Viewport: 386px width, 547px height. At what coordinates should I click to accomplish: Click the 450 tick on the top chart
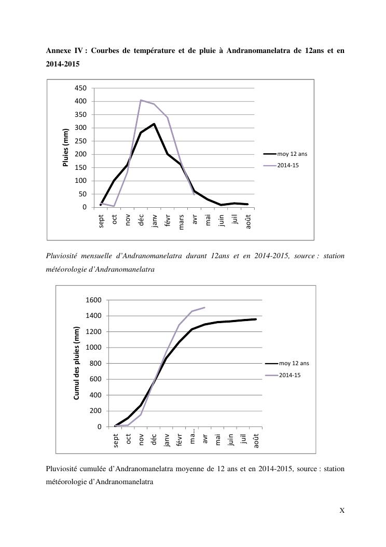[x=80, y=88]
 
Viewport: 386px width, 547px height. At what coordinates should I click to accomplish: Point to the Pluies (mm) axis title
[x=66, y=148]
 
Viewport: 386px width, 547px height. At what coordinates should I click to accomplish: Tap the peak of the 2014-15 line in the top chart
[x=141, y=100]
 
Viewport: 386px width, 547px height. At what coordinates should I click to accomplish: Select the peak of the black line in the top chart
[x=154, y=124]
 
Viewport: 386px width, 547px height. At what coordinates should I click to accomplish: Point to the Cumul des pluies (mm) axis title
[x=77, y=363]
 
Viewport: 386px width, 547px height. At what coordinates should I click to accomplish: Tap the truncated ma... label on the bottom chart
[x=192, y=439]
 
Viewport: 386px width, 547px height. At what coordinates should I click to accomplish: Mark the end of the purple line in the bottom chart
[x=204, y=308]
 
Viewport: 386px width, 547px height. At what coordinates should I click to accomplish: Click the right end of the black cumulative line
[x=256, y=319]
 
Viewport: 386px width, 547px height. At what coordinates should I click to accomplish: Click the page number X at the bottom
[x=342, y=510]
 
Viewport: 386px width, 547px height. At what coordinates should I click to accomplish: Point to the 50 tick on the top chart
[x=82, y=194]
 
